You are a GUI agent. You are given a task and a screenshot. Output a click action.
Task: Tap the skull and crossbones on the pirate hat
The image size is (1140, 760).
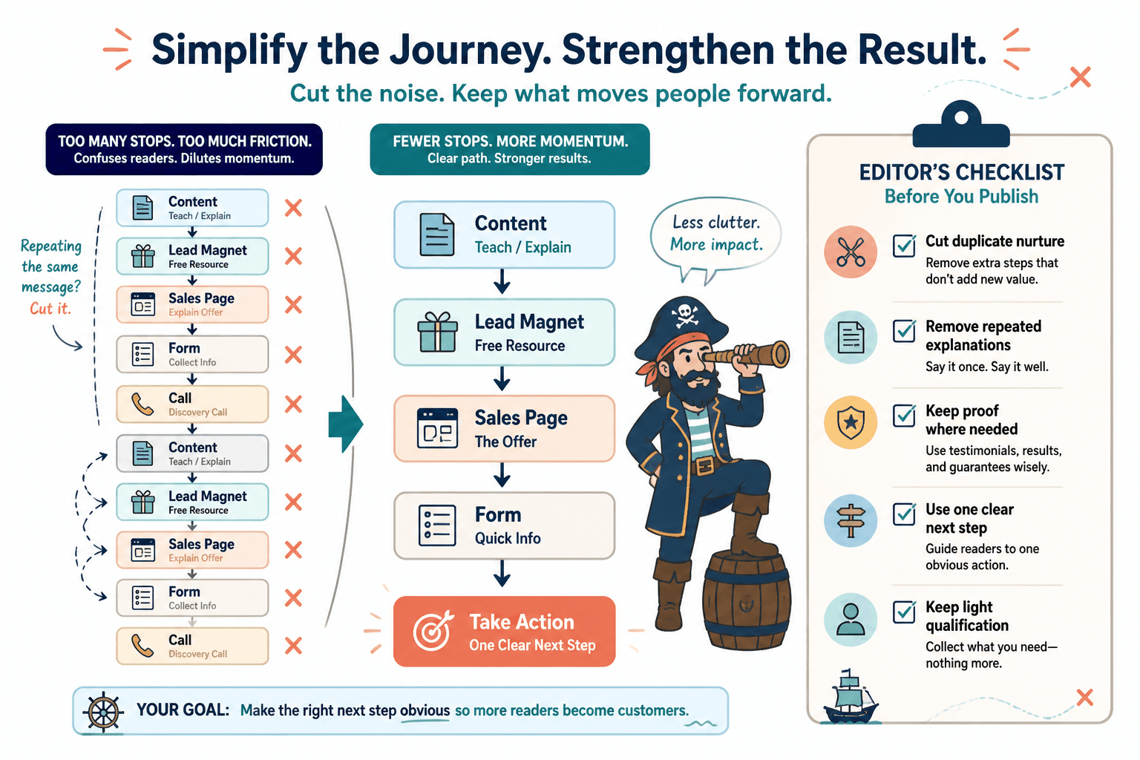(x=685, y=315)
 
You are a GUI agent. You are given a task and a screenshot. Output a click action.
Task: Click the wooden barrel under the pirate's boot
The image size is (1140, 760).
(x=747, y=601)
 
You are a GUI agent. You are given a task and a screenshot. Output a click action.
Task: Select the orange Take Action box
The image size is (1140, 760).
(x=505, y=631)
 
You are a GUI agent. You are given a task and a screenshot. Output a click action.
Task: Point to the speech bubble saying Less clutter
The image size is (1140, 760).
(x=715, y=235)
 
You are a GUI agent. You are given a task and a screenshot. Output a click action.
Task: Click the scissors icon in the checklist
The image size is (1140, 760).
(x=851, y=252)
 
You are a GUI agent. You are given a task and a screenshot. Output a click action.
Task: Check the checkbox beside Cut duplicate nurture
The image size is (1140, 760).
(x=905, y=246)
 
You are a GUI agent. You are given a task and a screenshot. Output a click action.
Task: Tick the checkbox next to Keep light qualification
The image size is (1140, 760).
(x=905, y=612)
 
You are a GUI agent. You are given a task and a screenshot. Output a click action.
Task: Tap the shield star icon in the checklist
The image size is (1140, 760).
(x=851, y=422)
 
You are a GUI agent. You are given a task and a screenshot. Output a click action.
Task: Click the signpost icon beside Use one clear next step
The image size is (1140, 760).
(x=851, y=521)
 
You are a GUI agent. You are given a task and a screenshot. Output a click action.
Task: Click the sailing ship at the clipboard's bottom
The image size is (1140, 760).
(x=850, y=696)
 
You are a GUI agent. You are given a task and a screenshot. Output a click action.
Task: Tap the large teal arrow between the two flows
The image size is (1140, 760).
(x=346, y=424)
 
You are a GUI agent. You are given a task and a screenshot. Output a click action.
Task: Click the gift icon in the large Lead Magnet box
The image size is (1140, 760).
(x=437, y=332)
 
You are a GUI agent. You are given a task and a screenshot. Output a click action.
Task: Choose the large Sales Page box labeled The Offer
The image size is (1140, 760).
(x=505, y=429)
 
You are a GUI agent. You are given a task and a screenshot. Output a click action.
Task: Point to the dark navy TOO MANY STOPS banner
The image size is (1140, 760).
(x=184, y=149)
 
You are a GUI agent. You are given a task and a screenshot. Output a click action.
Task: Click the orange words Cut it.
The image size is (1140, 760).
(x=50, y=309)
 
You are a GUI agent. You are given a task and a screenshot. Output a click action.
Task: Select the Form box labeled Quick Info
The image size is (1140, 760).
(x=505, y=525)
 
